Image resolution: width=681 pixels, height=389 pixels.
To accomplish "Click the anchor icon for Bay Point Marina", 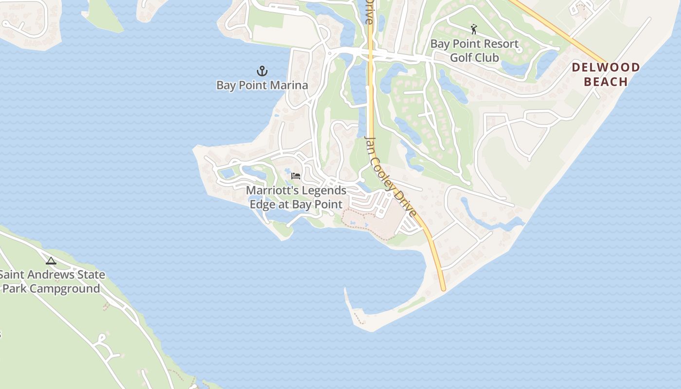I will [x=262, y=71].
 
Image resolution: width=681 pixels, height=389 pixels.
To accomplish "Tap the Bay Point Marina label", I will [x=262, y=86].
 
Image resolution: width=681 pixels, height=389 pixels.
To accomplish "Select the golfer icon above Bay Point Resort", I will [x=474, y=29].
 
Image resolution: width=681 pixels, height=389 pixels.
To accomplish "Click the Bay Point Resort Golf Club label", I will [x=474, y=51].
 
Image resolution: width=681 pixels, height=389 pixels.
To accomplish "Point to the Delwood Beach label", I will [x=606, y=74].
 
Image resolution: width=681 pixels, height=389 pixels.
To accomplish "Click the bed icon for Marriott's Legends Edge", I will [x=296, y=176].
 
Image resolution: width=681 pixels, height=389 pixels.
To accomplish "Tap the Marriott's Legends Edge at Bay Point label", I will [x=296, y=197].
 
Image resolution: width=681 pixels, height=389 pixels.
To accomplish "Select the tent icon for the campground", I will [x=51, y=261].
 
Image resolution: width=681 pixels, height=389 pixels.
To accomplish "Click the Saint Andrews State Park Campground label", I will [x=52, y=282].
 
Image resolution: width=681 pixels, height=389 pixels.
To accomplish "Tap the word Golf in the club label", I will [x=461, y=58].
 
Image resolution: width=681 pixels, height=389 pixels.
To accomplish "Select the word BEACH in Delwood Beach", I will [x=606, y=82].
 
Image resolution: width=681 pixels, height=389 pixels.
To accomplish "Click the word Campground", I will [x=65, y=289].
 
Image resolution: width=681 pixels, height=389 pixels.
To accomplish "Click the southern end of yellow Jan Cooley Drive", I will [x=443, y=289].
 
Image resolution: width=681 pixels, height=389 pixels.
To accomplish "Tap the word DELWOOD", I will [x=606, y=68].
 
